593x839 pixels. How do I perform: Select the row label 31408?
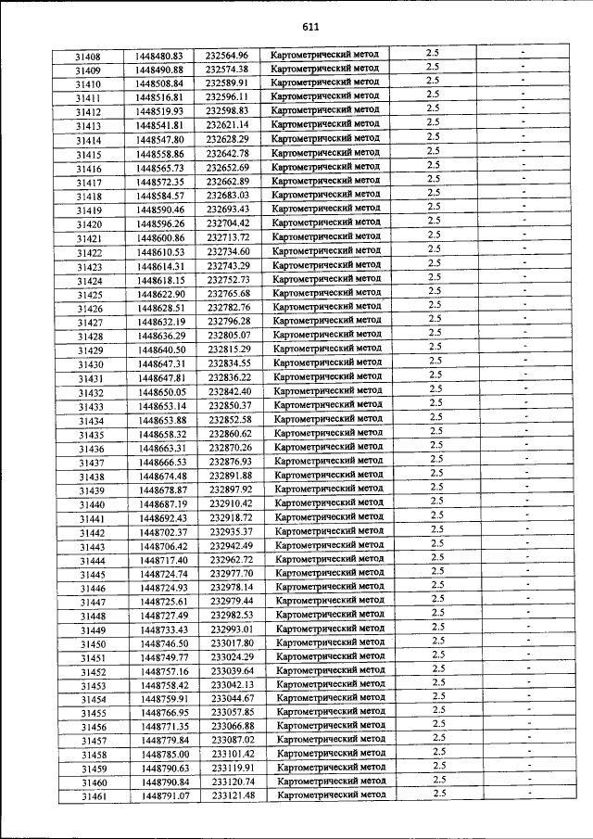point(88,57)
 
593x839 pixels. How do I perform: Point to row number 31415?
point(89,155)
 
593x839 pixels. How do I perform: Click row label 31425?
point(90,295)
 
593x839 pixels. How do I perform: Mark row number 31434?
point(91,421)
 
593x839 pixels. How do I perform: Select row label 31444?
point(92,561)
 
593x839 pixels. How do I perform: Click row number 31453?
point(93,686)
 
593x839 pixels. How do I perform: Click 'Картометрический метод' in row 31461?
point(332,795)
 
